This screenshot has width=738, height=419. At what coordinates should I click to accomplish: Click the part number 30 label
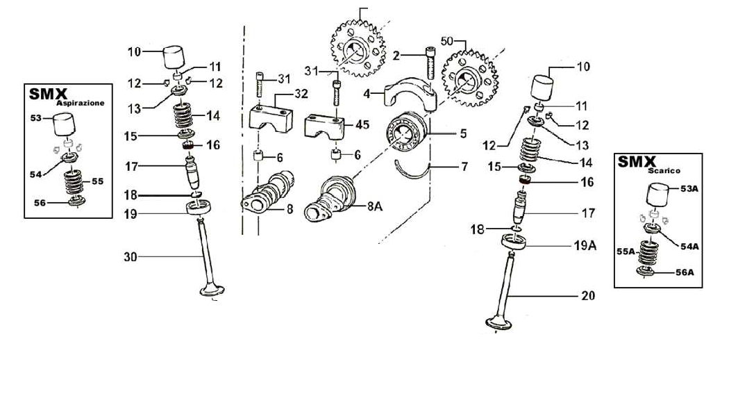[131, 257]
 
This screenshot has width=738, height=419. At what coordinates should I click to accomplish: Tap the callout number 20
[588, 296]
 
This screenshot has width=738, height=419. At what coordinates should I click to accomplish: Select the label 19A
[585, 245]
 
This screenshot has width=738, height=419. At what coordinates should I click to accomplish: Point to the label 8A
[375, 206]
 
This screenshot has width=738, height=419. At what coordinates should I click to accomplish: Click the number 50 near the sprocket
[446, 42]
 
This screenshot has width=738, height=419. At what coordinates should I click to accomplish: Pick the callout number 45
[362, 125]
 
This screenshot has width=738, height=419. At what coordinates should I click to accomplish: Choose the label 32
[301, 94]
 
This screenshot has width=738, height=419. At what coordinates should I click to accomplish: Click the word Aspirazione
[80, 104]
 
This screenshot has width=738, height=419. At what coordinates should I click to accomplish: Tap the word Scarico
[664, 171]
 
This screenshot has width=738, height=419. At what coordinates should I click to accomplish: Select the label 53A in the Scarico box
[689, 188]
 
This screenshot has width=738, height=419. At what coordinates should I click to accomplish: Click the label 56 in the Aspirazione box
[40, 203]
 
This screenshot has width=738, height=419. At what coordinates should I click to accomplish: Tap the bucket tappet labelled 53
[64, 124]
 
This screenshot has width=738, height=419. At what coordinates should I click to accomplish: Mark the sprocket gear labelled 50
[470, 79]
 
